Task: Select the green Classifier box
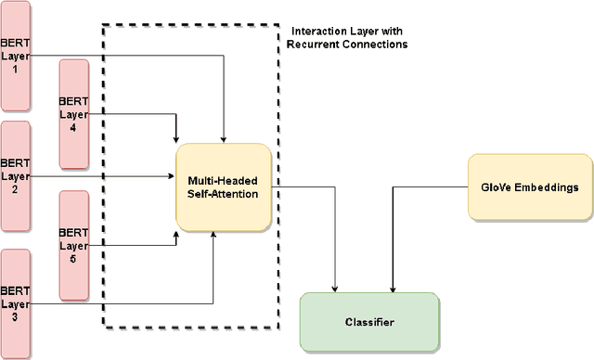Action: pyautogui.click(x=368, y=322)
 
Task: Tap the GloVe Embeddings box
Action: pyautogui.click(x=523, y=187)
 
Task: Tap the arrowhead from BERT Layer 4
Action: pyautogui.click(x=176, y=138)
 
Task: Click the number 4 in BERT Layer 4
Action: pyautogui.click(x=73, y=131)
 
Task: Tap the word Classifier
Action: pyautogui.click(x=368, y=322)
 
